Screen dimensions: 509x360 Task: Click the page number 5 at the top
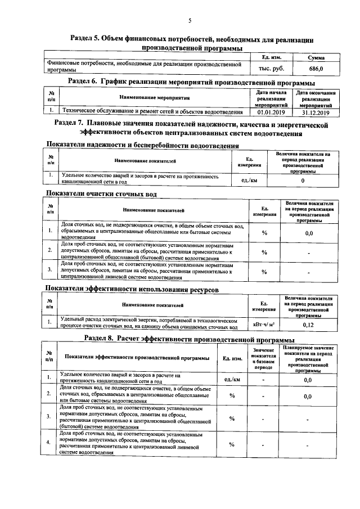point(190,21)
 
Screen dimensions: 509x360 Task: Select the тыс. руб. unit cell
point(271,69)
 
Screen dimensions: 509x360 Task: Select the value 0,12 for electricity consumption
point(308,325)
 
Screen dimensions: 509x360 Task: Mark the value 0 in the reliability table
point(303,181)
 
